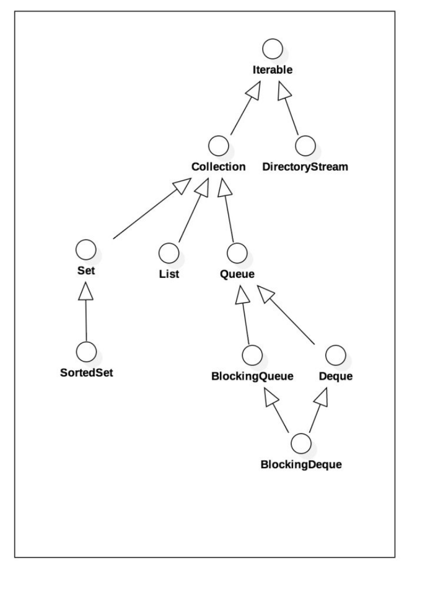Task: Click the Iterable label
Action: [273, 70]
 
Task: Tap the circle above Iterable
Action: [273, 50]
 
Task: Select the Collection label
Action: [218, 166]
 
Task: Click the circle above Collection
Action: [219, 145]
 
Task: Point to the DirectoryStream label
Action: [306, 166]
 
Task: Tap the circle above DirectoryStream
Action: [306, 145]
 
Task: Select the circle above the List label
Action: [168, 253]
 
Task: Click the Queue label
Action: [237, 273]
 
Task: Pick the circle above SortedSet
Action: [86, 349]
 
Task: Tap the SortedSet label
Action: [87, 371]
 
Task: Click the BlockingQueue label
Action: [252, 377]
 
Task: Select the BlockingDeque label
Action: [301, 465]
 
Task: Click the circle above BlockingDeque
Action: [301, 442]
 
